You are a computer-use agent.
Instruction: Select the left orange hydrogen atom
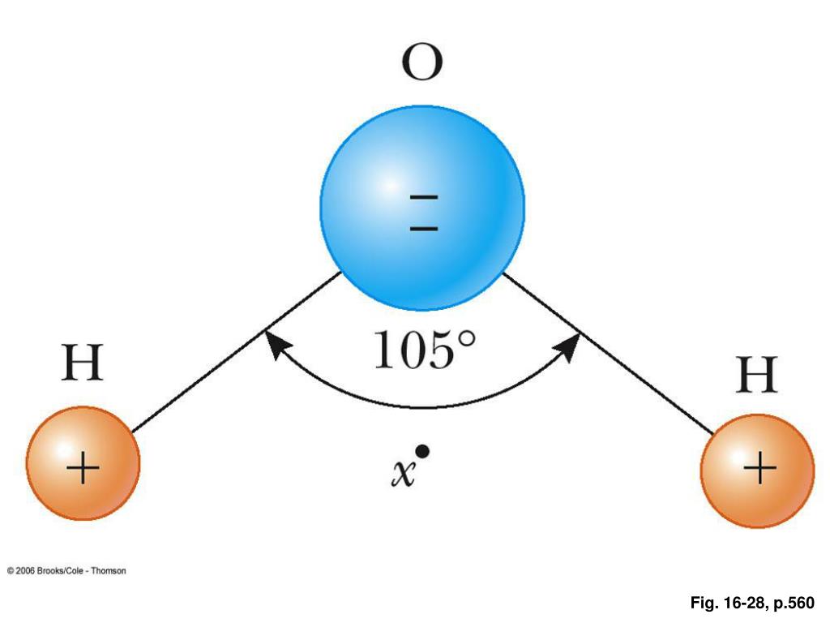(x=83, y=463)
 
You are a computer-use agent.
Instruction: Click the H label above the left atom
(x=83, y=364)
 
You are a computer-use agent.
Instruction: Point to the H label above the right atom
(x=756, y=376)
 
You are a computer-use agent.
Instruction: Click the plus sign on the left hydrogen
(x=83, y=469)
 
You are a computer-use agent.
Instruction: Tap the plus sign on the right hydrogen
(x=759, y=470)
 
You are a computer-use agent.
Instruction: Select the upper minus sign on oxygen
(x=424, y=197)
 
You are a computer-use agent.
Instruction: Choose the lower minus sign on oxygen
(x=424, y=228)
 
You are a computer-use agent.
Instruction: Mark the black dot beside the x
(x=422, y=451)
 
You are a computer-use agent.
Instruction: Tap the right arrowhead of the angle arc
(x=570, y=344)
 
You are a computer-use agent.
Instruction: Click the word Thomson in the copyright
(x=108, y=571)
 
